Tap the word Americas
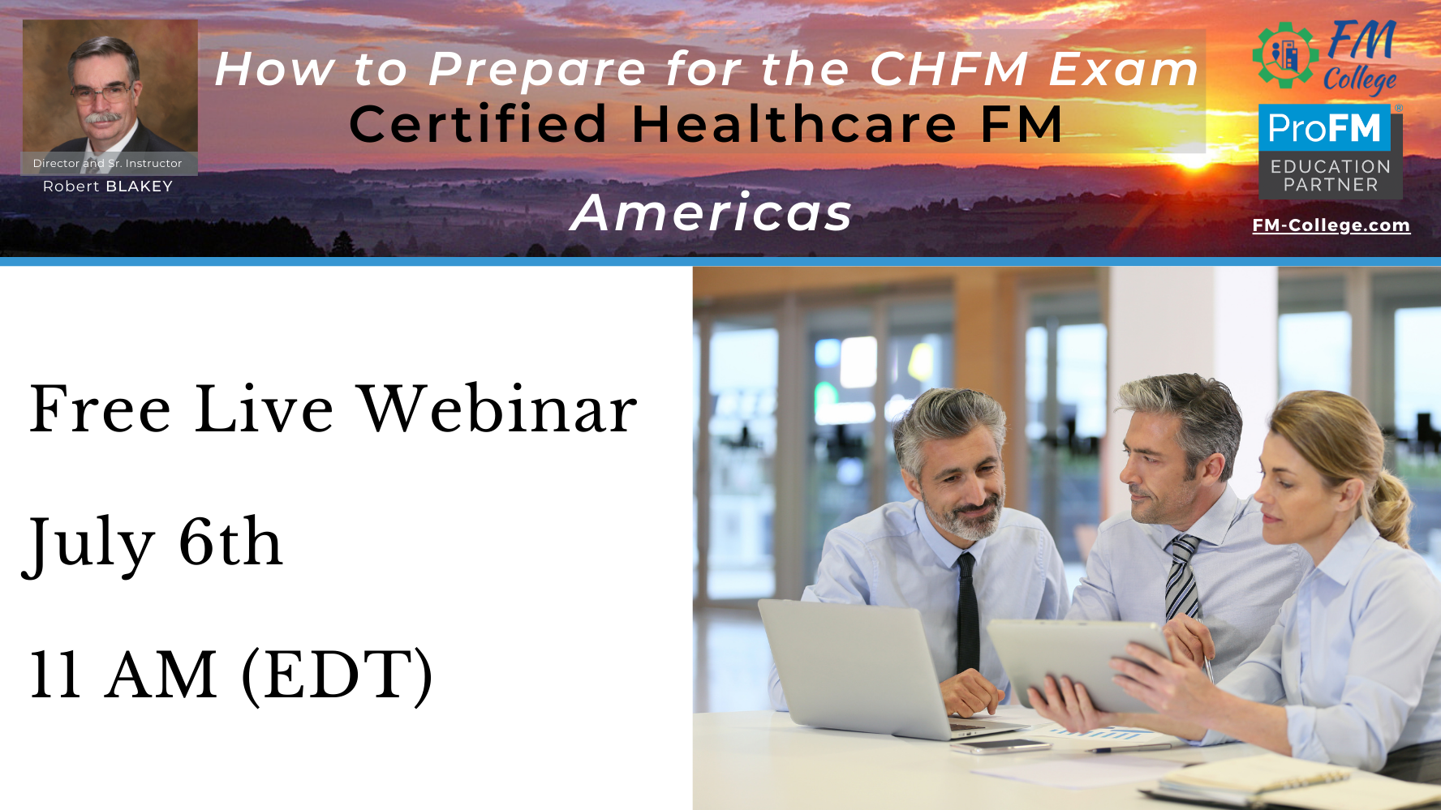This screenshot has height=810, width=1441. (712, 212)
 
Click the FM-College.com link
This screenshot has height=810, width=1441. (1331, 225)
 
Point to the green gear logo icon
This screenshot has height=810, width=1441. (1284, 55)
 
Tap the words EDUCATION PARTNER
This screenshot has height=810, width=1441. (1331, 175)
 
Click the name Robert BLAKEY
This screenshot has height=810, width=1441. (108, 186)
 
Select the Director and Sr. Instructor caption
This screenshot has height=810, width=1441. (108, 163)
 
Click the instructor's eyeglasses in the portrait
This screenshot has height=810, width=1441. (102, 92)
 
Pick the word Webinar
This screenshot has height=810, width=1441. (498, 409)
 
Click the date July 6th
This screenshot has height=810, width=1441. (153, 543)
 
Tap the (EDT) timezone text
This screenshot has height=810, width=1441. (338, 675)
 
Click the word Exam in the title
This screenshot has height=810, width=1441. (1124, 69)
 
